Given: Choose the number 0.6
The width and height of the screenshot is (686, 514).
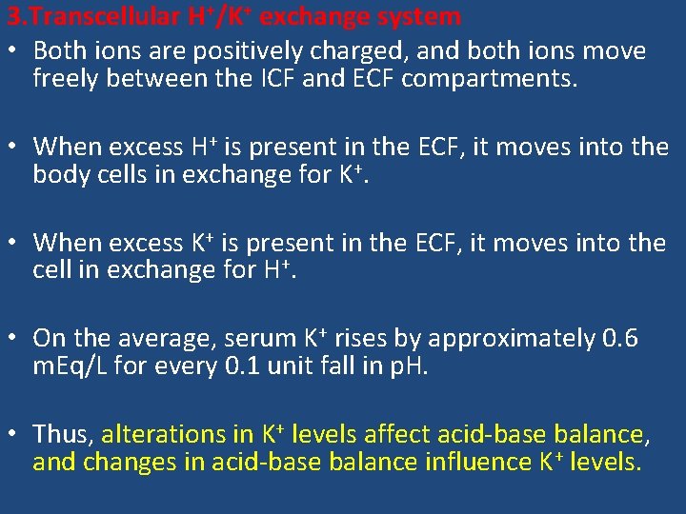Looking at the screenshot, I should pyautogui.click(x=621, y=338).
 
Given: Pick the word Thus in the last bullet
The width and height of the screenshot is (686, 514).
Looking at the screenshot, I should pyautogui.click(x=63, y=434).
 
